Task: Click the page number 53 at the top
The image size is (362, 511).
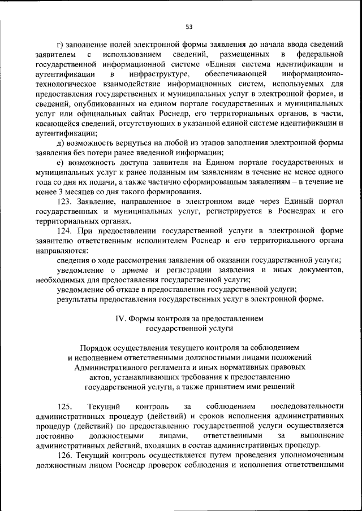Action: [x=189, y=26]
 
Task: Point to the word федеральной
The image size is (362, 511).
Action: [x=320, y=54]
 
